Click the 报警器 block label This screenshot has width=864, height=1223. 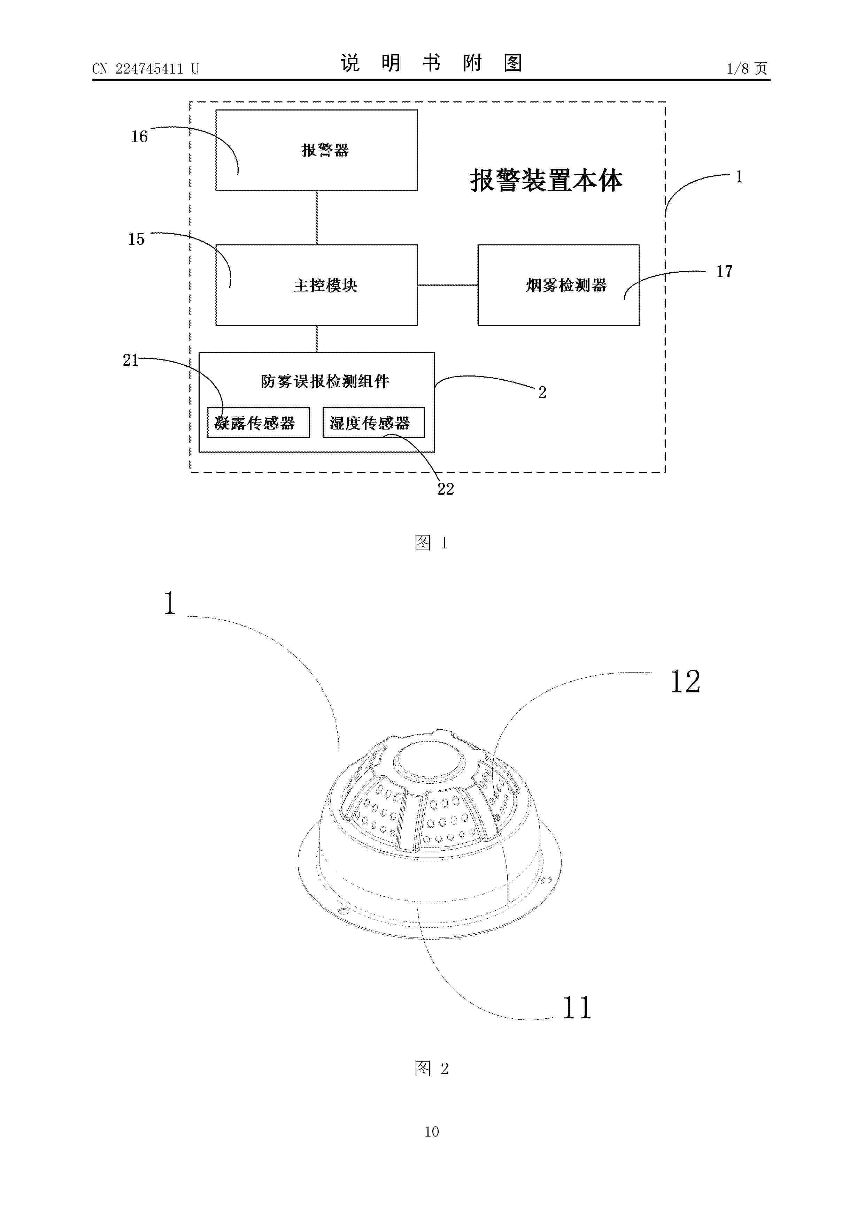click(x=325, y=150)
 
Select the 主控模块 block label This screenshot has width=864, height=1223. click(x=325, y=286)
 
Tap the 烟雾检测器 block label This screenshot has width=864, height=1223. click(x=566, y=286)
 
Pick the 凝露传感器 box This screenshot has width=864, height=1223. click(x=258, y=423)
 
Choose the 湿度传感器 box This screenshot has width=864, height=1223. click(x=373, y=423)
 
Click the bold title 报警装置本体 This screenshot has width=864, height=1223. click(x=546, y=181)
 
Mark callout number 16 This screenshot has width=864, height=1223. click(x=139, y=137)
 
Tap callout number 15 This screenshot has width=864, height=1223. click(x=136, y=239)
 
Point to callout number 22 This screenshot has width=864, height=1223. click(x=446, y=489)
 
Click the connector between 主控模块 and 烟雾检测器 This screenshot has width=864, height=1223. click(x=448, y=285)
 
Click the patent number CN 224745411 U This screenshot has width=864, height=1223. click(x=145, y=69)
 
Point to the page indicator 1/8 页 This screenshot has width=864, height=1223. click(x=747, y=68)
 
